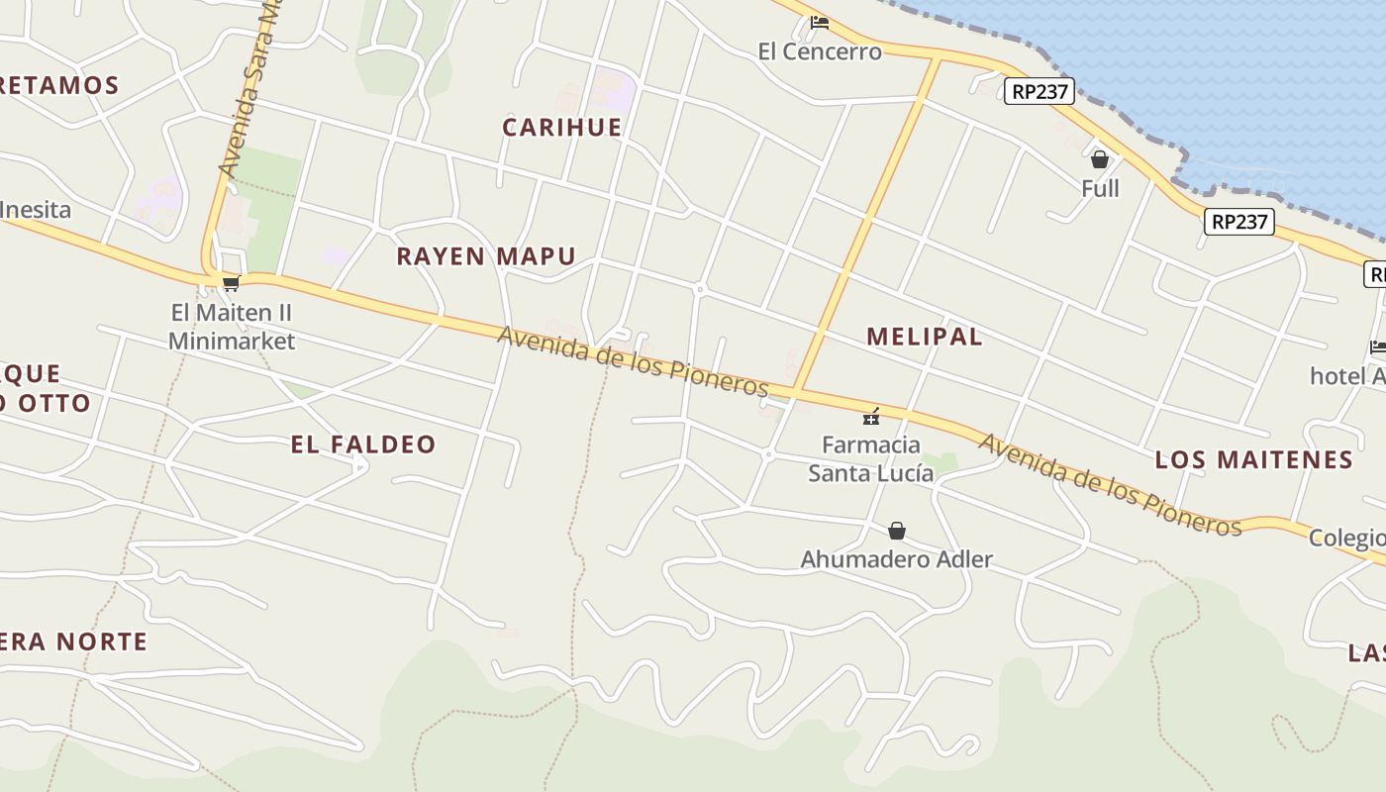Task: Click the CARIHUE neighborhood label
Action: [561, 128]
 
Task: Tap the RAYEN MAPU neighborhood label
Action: [485, 257]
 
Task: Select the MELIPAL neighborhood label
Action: [924, 337]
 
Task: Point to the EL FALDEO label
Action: [363, 445]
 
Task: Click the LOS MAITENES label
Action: [1253, 459]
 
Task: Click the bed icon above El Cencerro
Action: [819, 23]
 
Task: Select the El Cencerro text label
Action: [819, 51]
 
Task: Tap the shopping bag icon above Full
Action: [1099, 159]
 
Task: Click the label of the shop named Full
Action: [1100, 188]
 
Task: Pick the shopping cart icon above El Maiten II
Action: [231, 284]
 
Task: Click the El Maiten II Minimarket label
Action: [232, 327]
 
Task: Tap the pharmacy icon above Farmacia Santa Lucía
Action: [871, 416]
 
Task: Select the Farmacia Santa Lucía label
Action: [871, 458]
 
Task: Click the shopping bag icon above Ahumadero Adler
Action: [896, 532]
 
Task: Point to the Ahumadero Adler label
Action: [896, 559]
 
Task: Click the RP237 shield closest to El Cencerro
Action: [1039, 92]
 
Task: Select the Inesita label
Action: [36, 210]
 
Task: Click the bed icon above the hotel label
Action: [1377, 347]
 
